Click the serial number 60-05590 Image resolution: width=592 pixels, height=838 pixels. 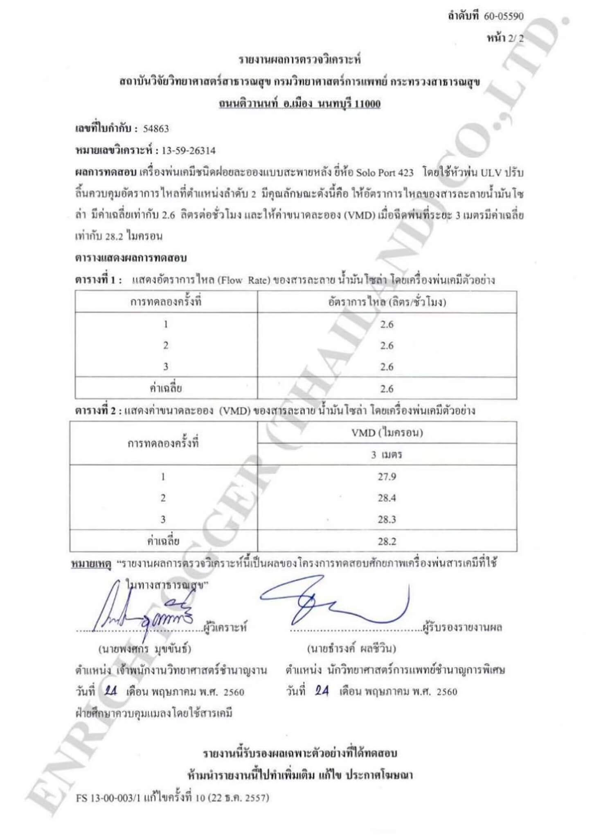coord(504,16)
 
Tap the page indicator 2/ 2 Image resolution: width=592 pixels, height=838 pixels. coord(515,38)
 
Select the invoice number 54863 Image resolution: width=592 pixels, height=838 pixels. coord(156,129)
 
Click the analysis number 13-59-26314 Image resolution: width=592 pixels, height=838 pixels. coord(189,151)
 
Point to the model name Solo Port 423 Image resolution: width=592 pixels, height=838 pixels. coord(385,173)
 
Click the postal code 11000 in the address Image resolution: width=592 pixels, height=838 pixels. coord(367,104)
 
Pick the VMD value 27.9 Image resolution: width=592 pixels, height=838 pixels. coord(387,477)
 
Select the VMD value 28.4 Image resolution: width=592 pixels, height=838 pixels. coord(387,498)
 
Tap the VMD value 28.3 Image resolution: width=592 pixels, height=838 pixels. coord(387,519)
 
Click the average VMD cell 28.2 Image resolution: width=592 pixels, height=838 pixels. coord(387,541)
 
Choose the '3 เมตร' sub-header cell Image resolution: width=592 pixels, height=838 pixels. coord(387,455)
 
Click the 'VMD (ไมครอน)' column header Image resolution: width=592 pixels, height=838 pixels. coord(387,433)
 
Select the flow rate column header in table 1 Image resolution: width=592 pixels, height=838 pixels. coord(387,302)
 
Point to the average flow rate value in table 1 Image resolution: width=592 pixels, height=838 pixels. coord(387,388)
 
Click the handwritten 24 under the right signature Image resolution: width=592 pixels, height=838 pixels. coord(322,691)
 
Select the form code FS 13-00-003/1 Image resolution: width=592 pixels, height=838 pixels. coord(108,797)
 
